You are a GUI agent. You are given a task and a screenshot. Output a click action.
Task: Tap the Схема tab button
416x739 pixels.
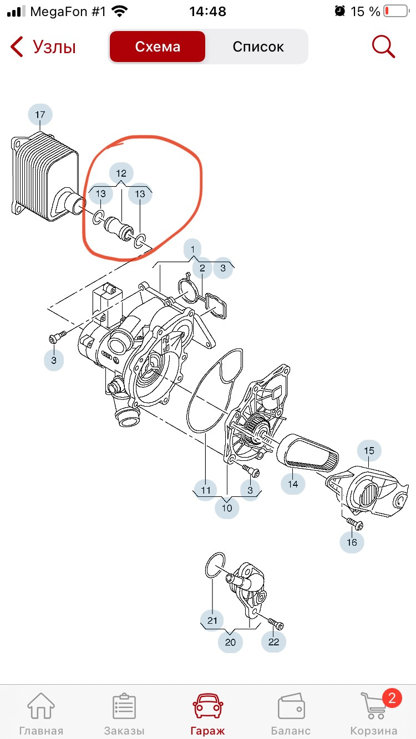pos(158,47)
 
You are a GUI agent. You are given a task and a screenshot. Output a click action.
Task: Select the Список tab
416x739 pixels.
pos(258,47)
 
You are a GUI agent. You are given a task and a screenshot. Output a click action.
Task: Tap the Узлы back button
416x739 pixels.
pos(43,47)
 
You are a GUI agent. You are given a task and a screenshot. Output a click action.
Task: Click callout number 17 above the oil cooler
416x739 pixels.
pos(40,115)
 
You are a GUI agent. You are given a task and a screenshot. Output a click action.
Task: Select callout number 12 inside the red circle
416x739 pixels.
pos(121,173)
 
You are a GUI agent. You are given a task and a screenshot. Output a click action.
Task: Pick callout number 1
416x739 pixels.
pos(193,249)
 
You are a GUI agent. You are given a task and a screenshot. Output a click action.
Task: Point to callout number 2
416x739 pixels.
pos(202,268)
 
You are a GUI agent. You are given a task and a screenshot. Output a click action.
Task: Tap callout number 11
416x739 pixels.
pos(206,490)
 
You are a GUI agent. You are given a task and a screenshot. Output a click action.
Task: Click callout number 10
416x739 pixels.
pos(227,508)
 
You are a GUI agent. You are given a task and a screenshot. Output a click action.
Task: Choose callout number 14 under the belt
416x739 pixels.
pos(293,484)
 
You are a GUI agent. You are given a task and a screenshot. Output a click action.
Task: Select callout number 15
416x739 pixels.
pos(369,451)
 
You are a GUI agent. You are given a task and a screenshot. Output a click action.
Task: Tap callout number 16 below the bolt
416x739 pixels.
pos(352,542)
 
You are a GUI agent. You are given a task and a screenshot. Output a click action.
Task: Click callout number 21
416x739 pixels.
pos(212,620)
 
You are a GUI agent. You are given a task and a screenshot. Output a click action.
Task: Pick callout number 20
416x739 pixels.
pos(230,642)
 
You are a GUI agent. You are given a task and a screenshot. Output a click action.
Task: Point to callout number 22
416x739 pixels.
pos(273,642)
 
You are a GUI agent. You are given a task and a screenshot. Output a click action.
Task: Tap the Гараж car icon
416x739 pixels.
pos(208,705)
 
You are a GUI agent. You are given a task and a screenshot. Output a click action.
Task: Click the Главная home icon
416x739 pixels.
pos(41,706)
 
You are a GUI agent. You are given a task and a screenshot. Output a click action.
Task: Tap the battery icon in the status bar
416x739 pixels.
pos(397,12)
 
